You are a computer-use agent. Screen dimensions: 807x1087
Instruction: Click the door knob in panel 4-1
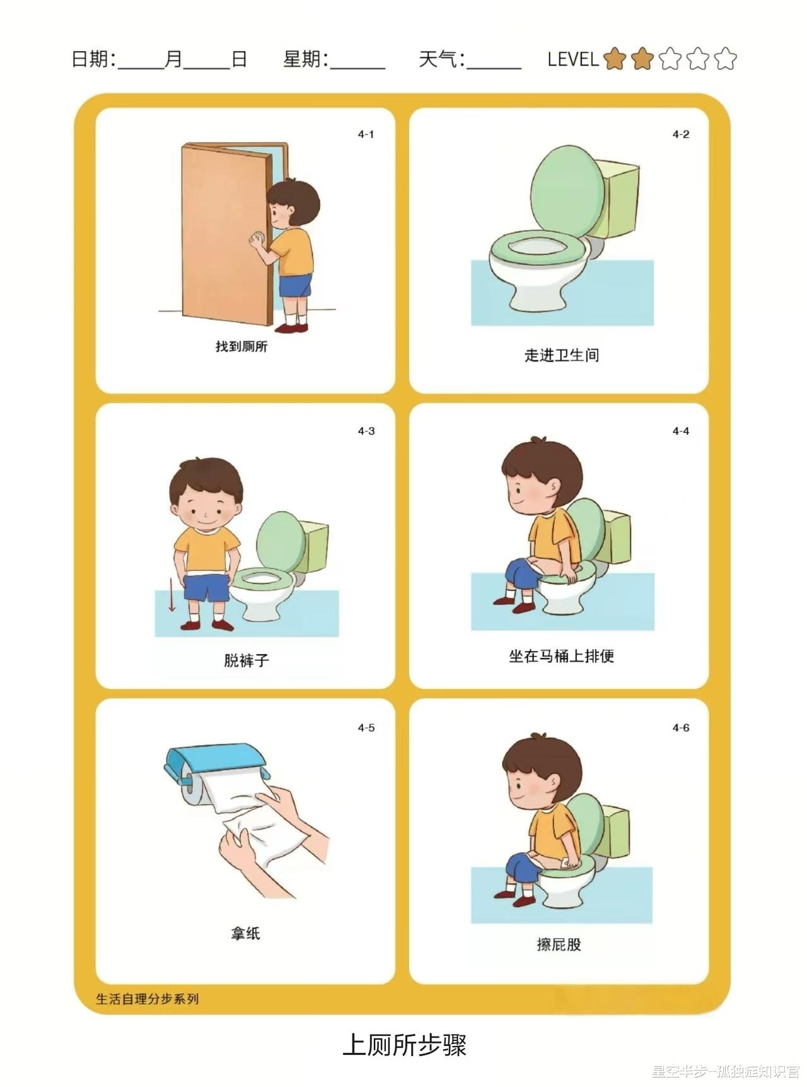[x=257, y=239]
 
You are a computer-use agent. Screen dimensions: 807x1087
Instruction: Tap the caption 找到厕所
[x=241, y=346]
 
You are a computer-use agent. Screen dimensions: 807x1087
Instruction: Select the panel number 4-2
[x=681, y=134]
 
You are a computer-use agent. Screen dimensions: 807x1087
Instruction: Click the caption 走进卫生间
[x=562, y=355]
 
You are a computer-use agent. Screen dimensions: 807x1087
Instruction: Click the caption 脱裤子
[x=247, y=661]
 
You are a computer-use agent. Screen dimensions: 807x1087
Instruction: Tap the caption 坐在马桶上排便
[x=562, y=656]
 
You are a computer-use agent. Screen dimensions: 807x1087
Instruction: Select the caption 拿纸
[x=245, y=933]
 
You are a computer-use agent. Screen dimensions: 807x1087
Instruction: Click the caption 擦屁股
[x=559, y=944]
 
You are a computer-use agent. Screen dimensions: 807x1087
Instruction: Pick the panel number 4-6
[x=681, y=728]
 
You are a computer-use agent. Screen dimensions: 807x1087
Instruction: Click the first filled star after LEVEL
[x=615, y=59]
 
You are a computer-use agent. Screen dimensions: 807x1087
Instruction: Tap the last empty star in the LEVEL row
[x=726, y=59]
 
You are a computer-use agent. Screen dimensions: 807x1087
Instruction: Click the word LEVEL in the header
[x=573, y=59]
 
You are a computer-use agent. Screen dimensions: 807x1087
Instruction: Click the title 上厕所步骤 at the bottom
[x=405, y=1045]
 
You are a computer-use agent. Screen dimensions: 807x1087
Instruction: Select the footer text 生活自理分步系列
[x=148, y=999]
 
